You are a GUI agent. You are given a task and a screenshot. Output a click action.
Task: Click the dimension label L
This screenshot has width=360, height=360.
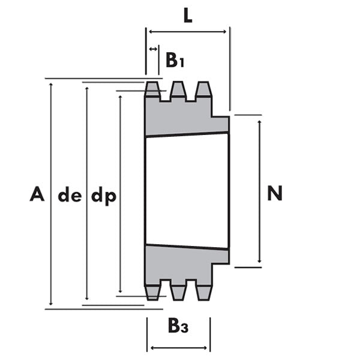coord(188,16)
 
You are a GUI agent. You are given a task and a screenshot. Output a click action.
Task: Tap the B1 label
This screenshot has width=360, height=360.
coord(175,60)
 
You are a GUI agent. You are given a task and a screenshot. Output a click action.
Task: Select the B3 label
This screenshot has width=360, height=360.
coord(178,326)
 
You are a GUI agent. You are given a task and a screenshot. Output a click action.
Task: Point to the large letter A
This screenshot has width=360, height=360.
coord(37,194)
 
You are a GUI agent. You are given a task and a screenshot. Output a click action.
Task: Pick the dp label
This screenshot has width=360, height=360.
coord(103,196)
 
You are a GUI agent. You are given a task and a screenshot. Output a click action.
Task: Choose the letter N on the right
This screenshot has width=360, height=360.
coord(275,193)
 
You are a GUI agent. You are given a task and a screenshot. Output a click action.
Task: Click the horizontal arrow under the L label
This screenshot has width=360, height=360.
coord(188,32)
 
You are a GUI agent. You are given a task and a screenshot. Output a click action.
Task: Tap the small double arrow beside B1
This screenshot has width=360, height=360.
coord(153,49)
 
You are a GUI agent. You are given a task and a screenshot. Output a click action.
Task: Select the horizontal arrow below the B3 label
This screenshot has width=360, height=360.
coord(179,347)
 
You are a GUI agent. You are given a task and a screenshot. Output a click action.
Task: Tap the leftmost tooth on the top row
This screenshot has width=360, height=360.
coord(152,91)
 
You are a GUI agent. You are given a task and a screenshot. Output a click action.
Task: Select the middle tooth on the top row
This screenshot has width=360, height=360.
coord(178,91)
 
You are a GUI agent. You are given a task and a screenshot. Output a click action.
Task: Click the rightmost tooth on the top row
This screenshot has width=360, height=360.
coord(203,91)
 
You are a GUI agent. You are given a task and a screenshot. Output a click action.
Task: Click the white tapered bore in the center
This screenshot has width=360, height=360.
coord(187,191)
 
